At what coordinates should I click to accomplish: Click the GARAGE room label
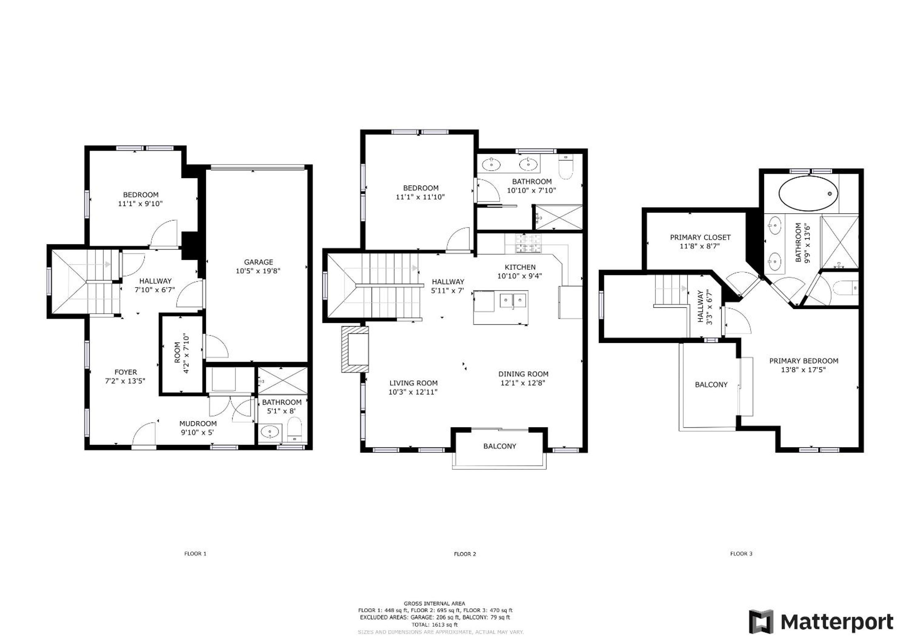pyautogui.click(x=258, y=262)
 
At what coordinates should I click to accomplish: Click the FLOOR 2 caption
pyautogui.click(x=465, y=554)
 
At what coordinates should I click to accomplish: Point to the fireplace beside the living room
pyautogui.click(x=355, y=349)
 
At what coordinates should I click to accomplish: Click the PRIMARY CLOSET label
pyautogui.click(x=700, y=238)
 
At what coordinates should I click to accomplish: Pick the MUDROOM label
pyautogui.click(x=198, y=424)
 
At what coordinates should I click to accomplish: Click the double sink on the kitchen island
pyautogui.click(x=513, y=300)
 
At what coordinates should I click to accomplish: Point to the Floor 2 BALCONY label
pyautogui.click(x=500, y=446)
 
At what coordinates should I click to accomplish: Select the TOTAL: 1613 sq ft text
pyautogui.click(x=434, y=624)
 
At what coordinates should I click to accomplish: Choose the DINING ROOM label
pyautogui.click(x=523, y=374)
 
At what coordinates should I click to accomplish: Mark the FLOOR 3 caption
pyautogui.click(x=741, y=554)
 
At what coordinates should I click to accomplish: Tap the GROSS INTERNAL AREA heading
pyautogui.click(x=434, y=603)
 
